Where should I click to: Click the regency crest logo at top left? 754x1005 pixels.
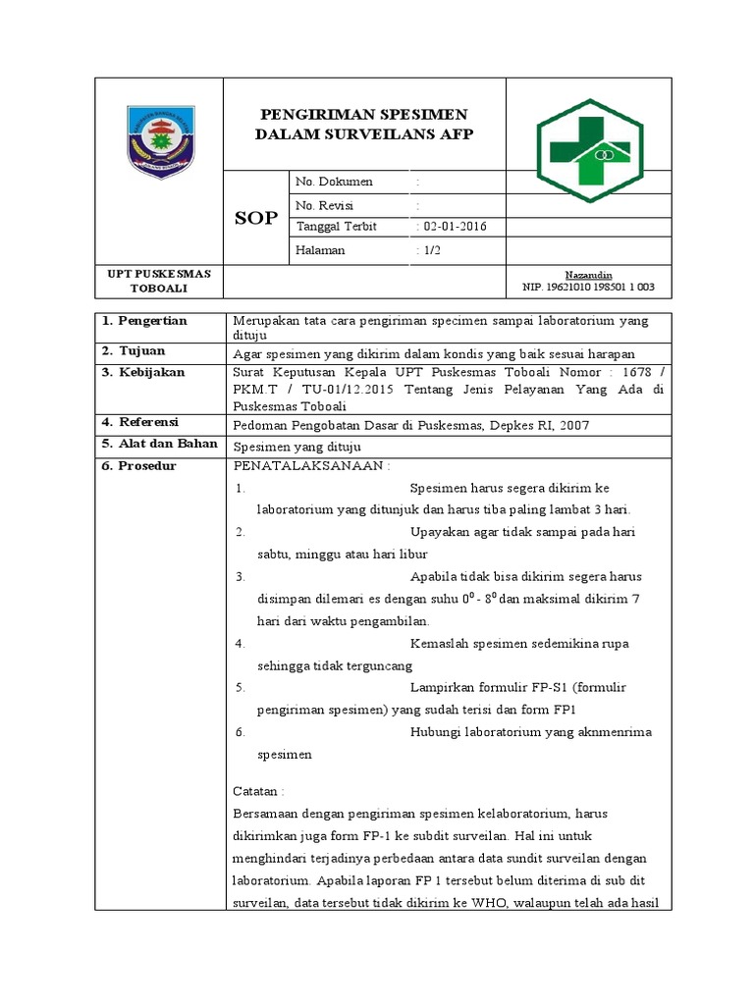click(161, 139)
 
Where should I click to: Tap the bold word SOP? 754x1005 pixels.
click(256, 218)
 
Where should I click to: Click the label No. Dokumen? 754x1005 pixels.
click(335, 183)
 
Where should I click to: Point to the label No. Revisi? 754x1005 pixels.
click(325, 205)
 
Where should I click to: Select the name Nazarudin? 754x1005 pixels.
click(588, 275)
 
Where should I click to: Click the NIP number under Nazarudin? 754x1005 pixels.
click(589, 288)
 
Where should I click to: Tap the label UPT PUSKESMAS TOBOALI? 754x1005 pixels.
click(159, 281)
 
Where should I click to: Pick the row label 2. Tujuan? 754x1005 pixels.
click(134, 350)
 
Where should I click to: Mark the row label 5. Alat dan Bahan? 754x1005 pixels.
click(158, 444)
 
